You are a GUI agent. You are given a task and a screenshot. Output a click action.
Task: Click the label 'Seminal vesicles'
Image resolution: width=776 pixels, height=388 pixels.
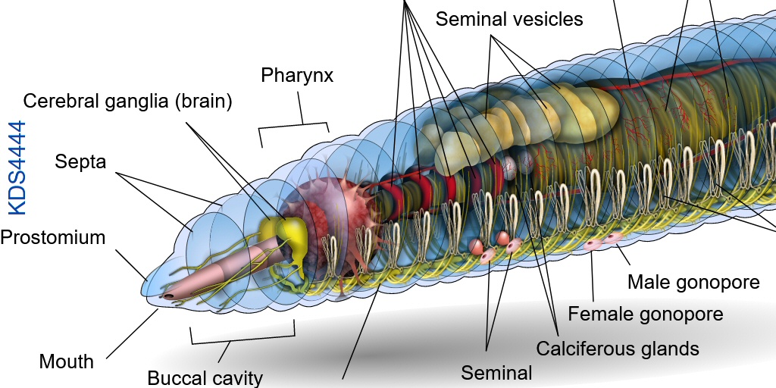click(x=509, y=18)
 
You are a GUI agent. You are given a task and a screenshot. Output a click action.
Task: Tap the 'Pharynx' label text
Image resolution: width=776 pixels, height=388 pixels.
click(x=297, y=76)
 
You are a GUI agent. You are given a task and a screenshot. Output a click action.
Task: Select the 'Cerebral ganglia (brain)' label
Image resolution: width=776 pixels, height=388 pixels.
click(x=127, y=102)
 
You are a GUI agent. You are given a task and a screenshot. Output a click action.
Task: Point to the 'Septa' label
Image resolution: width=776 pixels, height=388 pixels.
click(x=80, y=161)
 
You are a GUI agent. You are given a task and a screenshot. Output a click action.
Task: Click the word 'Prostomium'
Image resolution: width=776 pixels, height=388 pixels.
click(x=52, y=237)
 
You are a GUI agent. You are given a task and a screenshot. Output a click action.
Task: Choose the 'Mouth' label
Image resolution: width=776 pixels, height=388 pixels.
click(x=67, y=361)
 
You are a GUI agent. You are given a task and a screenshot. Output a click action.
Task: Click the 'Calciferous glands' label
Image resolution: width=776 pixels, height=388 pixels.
click(x=617, y=349)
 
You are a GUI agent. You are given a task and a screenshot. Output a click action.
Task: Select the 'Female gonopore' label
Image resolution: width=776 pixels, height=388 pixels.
click(x=646, y=313)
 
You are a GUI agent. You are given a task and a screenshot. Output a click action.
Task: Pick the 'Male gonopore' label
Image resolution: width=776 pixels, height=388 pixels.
click(x=693, y=283)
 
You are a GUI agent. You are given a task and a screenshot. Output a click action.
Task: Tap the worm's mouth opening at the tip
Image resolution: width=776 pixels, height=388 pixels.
click(x=167, y=296)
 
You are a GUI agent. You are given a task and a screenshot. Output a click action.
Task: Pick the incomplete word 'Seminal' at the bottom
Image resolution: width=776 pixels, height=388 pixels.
click(x=497, y=372)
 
